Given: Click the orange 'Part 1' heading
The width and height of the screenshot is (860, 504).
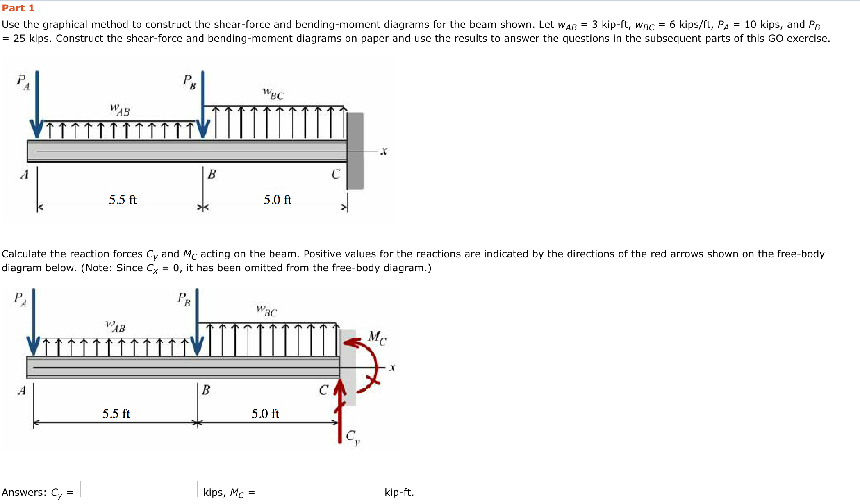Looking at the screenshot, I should pos(18,8).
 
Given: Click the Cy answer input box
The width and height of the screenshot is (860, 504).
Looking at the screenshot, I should pos(139,489).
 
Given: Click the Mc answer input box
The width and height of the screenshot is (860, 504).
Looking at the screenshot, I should pos(320,489).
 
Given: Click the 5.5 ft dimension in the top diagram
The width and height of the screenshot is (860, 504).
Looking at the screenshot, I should pos(123,200).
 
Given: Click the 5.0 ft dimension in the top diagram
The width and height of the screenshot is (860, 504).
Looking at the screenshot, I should pos(278,200).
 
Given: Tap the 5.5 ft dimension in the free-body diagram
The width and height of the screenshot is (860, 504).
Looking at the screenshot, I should pos(116,413).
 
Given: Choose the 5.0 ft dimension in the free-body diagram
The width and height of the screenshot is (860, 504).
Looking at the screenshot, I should pos(265,413).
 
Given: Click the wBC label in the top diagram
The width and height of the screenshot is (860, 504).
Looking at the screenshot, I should pos(273,94).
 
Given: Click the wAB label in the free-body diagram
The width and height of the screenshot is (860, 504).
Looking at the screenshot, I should pos(116,327).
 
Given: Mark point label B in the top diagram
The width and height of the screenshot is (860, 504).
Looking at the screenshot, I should pos(212,174).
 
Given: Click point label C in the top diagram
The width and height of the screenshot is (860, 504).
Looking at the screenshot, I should pos(336,174).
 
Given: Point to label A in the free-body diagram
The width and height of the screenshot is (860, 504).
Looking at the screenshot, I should pos(22,390).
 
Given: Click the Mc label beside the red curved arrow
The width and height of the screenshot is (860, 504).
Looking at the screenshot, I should pos(377,338).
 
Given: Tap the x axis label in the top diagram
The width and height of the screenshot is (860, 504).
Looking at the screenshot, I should pos(384,152).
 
